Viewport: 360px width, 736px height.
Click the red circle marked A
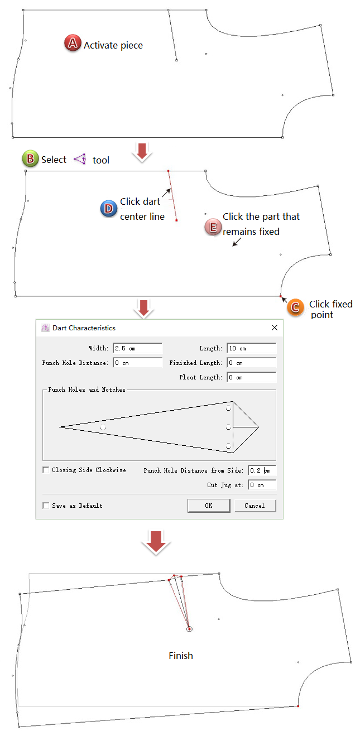(73, 43)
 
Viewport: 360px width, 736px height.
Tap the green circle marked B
(30, 158)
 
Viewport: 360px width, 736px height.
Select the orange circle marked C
(295, 307)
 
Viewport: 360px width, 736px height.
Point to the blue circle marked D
(108, 208)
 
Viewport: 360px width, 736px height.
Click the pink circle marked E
(213, 227)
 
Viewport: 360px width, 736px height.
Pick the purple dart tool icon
(80, 159)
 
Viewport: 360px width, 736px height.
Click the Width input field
(137, 348)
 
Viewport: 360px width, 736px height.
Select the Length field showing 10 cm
(252, 348)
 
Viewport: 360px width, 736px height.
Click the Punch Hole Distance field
(137, 363)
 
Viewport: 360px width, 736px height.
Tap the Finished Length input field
(252, 363)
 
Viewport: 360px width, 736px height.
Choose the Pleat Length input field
(252, 377)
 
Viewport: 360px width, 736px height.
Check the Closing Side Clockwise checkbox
(46, 470)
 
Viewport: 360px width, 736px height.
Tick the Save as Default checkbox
(46, 506)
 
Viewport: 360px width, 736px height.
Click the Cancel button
(255, 506)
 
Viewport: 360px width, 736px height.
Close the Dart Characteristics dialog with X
(275, 328)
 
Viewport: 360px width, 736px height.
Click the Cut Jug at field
(262, 485)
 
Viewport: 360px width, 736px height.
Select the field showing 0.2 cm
(262, 470)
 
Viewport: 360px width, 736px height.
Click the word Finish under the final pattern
(181, 656)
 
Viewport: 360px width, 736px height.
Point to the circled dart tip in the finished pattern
(189, 629)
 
